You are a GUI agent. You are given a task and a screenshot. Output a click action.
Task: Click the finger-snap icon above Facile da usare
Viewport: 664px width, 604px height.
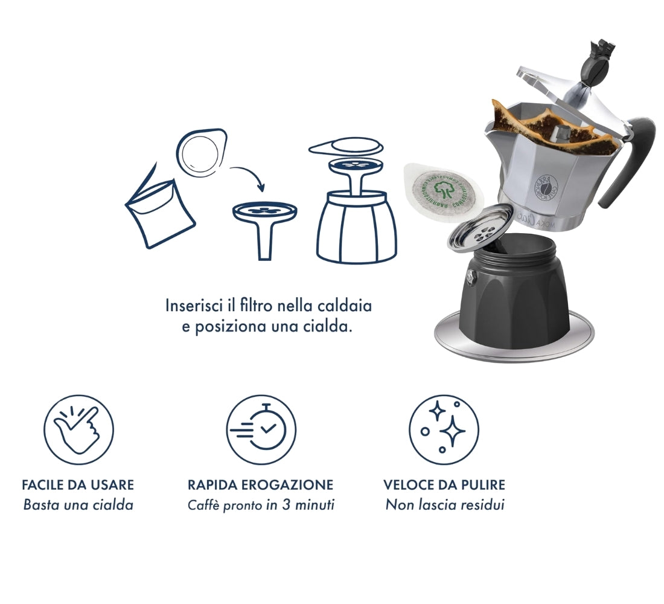tap(79, 429)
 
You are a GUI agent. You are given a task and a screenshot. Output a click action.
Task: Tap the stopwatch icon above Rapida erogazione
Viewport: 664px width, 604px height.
tap(261, 429)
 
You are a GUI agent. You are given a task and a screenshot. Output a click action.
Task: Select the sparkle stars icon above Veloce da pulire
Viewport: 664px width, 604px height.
tap(444, 429)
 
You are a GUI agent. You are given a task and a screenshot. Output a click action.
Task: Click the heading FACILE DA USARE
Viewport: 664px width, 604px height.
tap(78, 485)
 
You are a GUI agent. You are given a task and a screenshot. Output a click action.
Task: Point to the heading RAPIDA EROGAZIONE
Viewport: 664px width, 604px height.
tap(260, 485)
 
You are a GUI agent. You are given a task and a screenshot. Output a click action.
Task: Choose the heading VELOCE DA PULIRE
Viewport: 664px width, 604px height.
tap(444, 485)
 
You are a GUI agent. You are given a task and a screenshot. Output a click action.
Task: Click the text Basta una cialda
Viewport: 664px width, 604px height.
tap(78, 504)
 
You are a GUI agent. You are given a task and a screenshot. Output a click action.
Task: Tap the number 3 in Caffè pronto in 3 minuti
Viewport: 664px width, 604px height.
tap(287, 504)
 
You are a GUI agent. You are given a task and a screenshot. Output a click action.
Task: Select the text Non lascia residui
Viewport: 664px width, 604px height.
tap(444, 504)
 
